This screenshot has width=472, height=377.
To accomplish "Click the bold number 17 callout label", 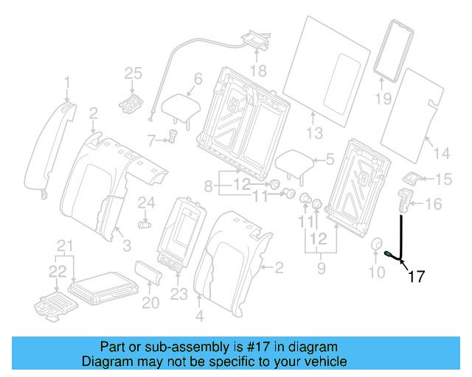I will pyautogui.click(x=416, y=277).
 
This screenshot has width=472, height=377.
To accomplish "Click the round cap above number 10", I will pyautogui.click(x=376, y=247).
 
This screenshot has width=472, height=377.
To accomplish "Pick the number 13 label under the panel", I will pyautogui.click(x=315, y=133).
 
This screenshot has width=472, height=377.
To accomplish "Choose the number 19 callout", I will pyautogui.click(x=383, y=98).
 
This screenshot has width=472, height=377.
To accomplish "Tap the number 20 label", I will pyautogui.click(x=150, y=302).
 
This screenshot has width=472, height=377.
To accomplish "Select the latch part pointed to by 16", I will pyautogui.click(x=403, y=200).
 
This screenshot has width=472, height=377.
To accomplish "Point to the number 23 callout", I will pyautogui.click(x=178, y=294).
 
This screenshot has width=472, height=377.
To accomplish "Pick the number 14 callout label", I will pyautogui.click(x=441, y=153).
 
